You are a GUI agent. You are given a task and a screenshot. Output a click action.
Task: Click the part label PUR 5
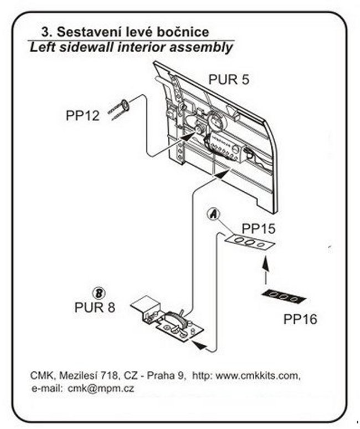click(228, 79)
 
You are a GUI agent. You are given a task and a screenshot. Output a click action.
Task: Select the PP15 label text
click(259, 228)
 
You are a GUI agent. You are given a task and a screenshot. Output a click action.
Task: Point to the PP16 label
click(300, 320)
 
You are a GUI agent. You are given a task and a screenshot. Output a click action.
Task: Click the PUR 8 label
click(95, 307)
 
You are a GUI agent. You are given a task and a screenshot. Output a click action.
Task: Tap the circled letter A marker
click(212, 214)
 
